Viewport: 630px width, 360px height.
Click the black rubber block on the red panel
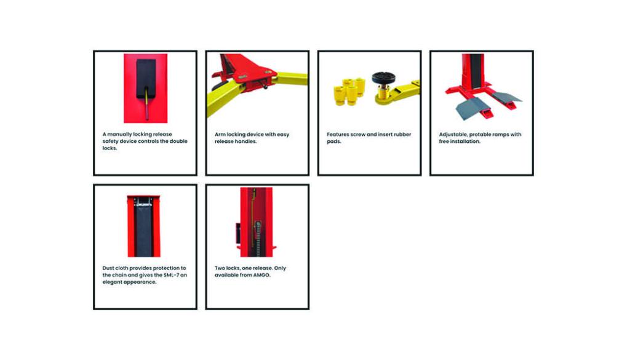pos(146,79)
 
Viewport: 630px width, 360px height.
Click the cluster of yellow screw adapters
pos(349,92)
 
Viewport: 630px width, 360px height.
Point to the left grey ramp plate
pos(469,109)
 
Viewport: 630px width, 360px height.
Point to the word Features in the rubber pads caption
pos(338,135)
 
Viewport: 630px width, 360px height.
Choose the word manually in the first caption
pos(120,135)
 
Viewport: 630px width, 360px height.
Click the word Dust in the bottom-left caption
pos(108,268)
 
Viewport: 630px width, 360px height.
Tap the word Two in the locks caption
pos(220,268)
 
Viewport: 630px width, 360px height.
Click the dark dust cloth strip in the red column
pos(144,230)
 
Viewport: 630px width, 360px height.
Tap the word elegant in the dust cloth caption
pos(112,282)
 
